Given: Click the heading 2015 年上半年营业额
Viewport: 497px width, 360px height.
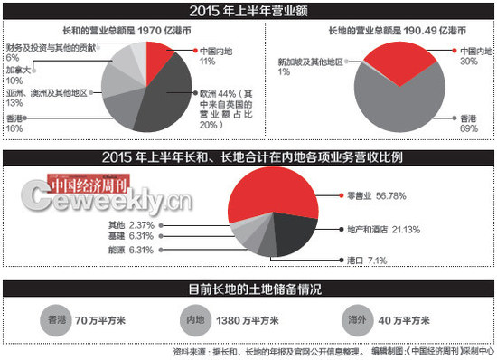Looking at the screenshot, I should pyautogui.click(x=248, y=11).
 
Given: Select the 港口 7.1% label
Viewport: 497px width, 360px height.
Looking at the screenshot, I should pyautogui.click(x=365, y=260).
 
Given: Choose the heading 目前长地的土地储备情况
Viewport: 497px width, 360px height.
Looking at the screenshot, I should pyautogui.click(x=248, y=292).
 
